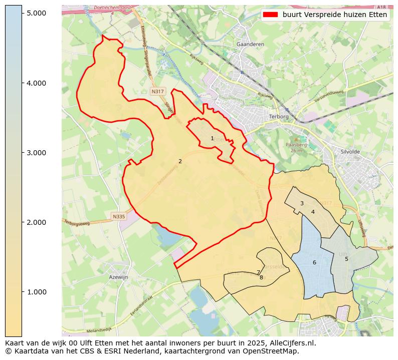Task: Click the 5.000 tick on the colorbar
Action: point(37,13)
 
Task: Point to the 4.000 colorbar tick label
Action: point(37,83)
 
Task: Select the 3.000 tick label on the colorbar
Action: point(37,153)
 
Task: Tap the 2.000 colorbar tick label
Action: point(37,222)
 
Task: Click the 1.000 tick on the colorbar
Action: point(37,292)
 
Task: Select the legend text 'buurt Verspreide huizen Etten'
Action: point(334,15)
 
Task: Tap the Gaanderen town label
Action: point(250,44)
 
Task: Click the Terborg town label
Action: point(279,116)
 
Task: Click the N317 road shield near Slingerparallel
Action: point(157,92)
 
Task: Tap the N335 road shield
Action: point(118,217)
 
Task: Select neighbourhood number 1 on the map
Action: point(212,138)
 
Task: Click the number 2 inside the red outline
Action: point(180,161)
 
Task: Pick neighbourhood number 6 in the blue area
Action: point(314,262)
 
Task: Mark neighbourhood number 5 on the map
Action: point(346,259)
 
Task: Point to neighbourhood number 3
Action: point(302,203)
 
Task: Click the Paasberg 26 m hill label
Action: point(295,147)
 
